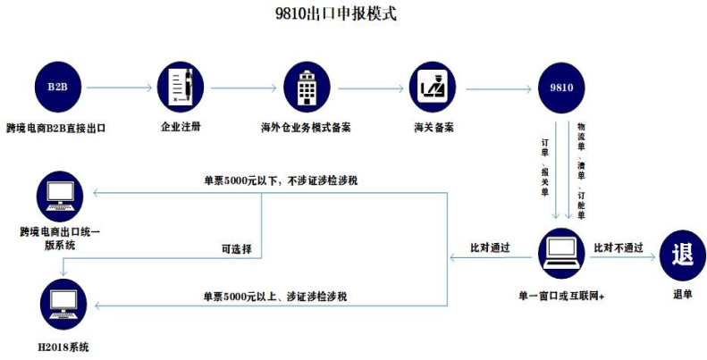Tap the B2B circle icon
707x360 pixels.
56,88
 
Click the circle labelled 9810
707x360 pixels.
561,88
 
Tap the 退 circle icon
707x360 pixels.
681,253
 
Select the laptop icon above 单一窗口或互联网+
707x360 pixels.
561,253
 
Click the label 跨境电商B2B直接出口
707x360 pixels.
56,129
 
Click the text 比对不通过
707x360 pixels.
619,247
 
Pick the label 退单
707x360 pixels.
682,292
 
